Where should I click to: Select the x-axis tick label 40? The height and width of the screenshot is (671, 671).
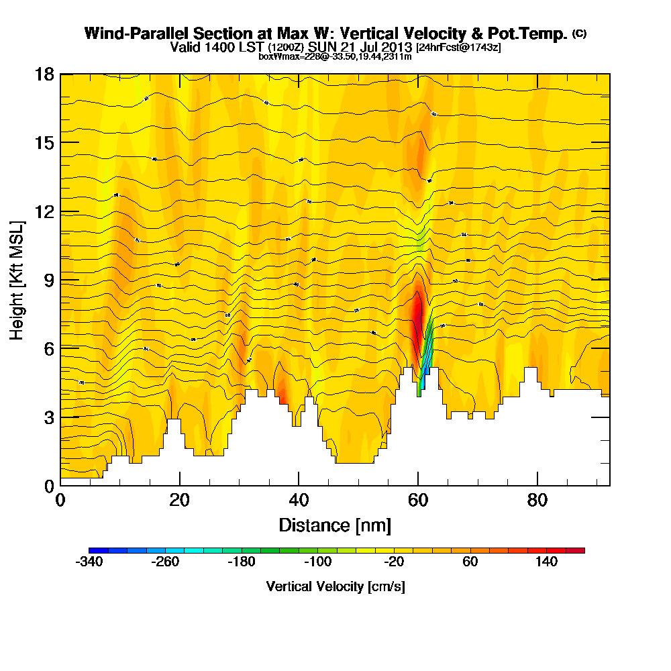pos(299,500)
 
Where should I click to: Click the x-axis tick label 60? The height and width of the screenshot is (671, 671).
pos(418,500)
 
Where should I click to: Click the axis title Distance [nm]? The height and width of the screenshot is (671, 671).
pos(335,524)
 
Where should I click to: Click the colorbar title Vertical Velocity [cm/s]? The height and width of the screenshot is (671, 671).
pos(335,586)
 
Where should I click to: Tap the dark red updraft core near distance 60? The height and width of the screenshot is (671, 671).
pos(417,315)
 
